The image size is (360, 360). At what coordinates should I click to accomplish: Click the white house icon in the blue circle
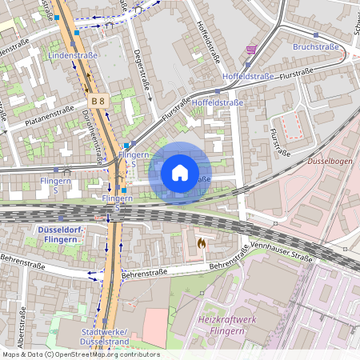(x=180, y=173)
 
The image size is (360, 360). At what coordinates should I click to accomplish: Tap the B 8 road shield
(x=98, y=102)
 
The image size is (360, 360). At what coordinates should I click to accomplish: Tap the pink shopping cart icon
(x=251, y=50)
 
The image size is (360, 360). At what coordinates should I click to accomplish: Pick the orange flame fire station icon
(x=201, y=241)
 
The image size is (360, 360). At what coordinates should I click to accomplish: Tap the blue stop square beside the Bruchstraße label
(x=316, y=35)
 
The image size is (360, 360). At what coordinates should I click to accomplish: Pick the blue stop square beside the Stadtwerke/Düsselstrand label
(x=105, y=320)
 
